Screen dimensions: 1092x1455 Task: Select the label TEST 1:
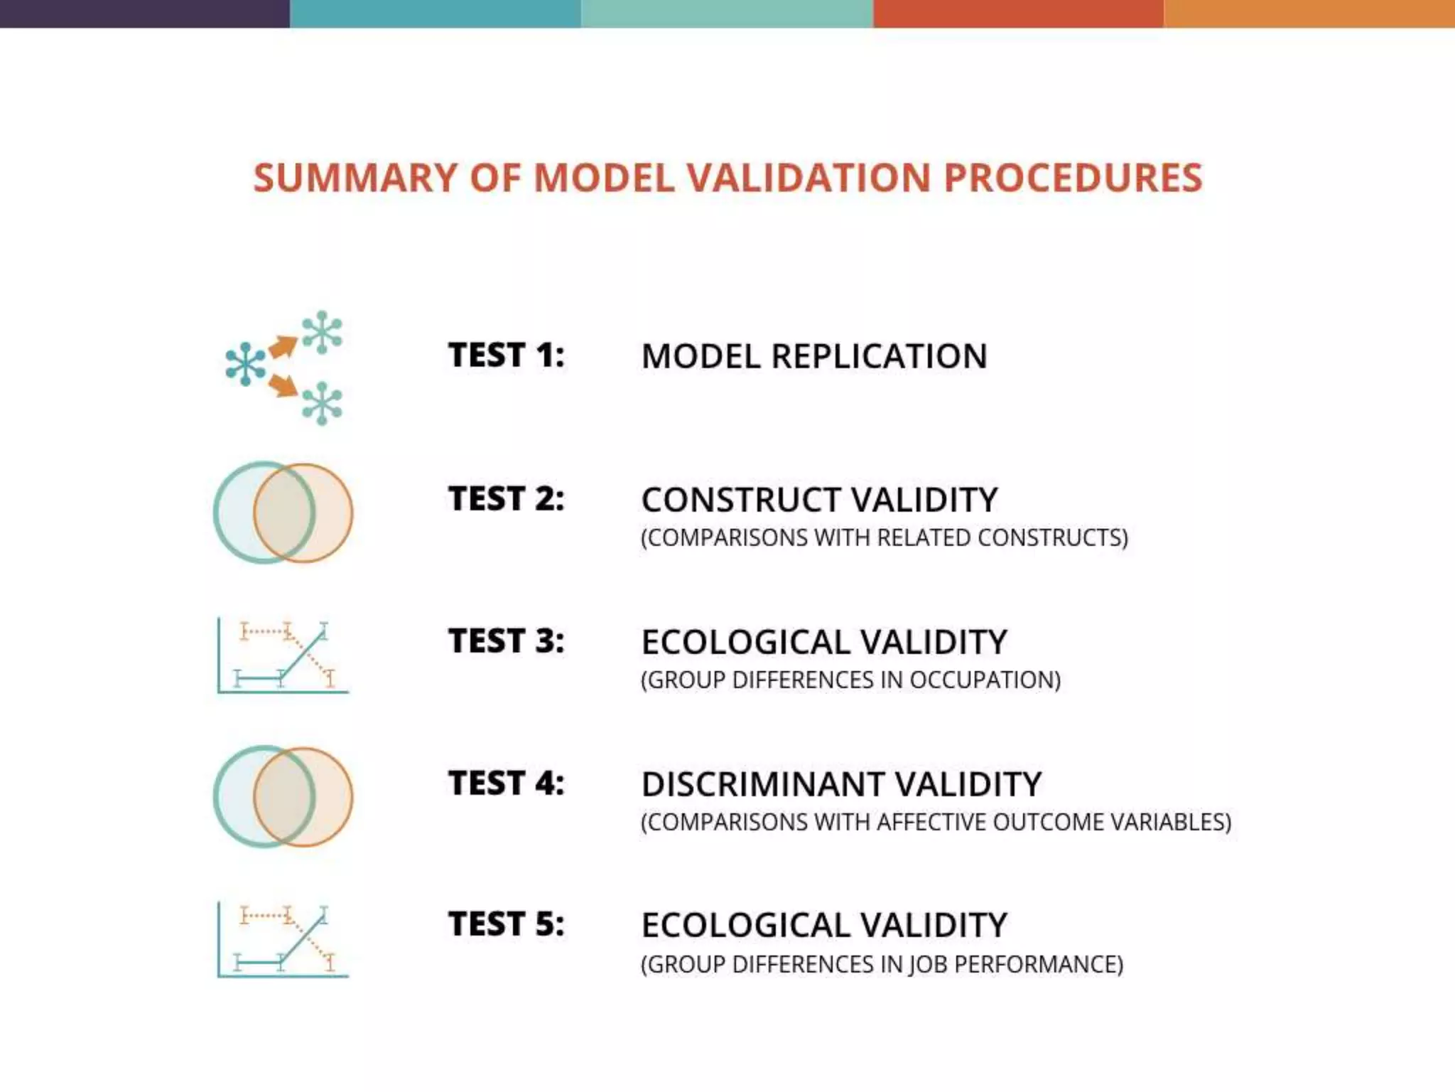coord(506,355)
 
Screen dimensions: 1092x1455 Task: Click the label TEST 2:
coord(506,498)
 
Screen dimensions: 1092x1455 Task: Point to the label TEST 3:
coord(506,641)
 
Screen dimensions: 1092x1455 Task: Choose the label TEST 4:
coord(506,783)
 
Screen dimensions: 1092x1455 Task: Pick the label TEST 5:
coord(506,924)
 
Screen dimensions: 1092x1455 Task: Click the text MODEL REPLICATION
coord(814,356)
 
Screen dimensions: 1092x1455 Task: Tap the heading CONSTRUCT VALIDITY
coord(819,500)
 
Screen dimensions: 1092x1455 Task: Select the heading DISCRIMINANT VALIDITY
coord(841,784)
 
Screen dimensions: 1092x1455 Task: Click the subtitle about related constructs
coord(884,537)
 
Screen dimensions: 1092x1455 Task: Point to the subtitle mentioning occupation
coord(850,680)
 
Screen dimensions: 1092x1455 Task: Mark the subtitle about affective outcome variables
coord(936,822)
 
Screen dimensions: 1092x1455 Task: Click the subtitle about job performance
coord(882,964)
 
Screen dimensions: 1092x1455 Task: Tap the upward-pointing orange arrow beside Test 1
coord(283,346)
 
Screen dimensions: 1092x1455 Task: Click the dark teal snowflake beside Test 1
coord(245,365)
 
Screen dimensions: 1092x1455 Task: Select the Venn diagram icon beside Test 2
coord(283,513)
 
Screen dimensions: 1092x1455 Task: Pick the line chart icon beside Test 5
coord(283,940)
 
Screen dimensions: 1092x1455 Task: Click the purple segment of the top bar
coord(145,14)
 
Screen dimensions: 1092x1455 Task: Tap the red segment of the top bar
coord(1018,14)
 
